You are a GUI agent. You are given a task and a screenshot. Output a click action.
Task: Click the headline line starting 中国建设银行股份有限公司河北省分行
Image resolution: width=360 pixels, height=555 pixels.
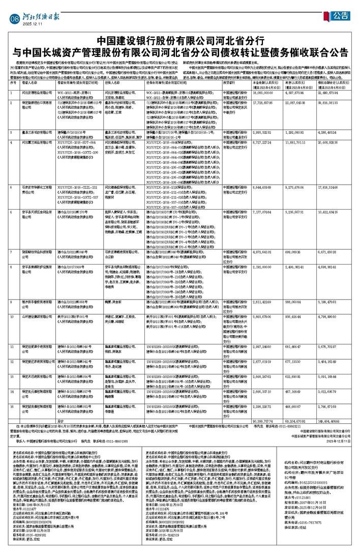tap(180, 41)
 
